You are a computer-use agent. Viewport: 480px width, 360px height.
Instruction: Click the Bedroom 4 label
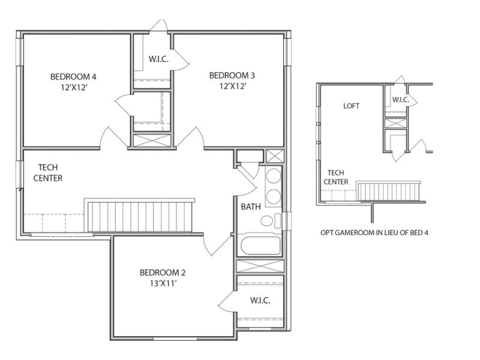[x=73, y=76]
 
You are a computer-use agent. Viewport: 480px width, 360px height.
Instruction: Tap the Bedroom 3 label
[x=232, y=75]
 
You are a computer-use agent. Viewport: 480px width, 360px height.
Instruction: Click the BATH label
[x=251, y=207]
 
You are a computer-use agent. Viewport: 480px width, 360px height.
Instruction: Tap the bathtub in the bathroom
[x=260, y=246]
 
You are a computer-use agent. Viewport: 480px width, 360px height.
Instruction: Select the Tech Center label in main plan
[x=48, y=173]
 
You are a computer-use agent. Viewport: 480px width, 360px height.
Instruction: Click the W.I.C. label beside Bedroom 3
[x=158, y=59]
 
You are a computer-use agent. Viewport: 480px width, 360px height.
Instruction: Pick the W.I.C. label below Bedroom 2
[x=260, y=300]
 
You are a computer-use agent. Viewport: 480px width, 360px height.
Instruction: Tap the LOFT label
[x=352, y=106]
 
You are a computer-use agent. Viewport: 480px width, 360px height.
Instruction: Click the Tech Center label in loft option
[x=336, y=177]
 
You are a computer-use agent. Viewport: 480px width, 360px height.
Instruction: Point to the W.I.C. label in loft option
[x=400, y=100]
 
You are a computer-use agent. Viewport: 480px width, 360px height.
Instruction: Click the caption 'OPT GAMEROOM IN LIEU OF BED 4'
[x=374, y=232]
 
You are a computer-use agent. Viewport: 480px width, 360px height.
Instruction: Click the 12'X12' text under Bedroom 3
[x=232, y=86]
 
